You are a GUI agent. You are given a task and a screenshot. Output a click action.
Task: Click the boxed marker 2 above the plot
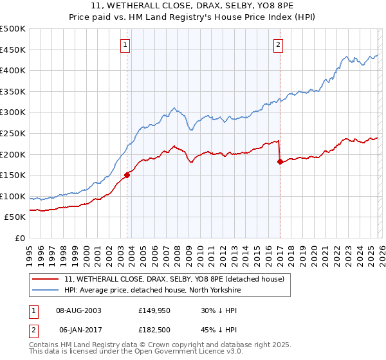278,44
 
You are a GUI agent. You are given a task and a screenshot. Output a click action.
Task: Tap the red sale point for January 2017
280,162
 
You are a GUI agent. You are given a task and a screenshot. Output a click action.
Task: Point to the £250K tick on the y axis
14,133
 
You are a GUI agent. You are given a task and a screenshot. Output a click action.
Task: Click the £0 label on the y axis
19,238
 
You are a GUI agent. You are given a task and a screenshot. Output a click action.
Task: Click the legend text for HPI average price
151,291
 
